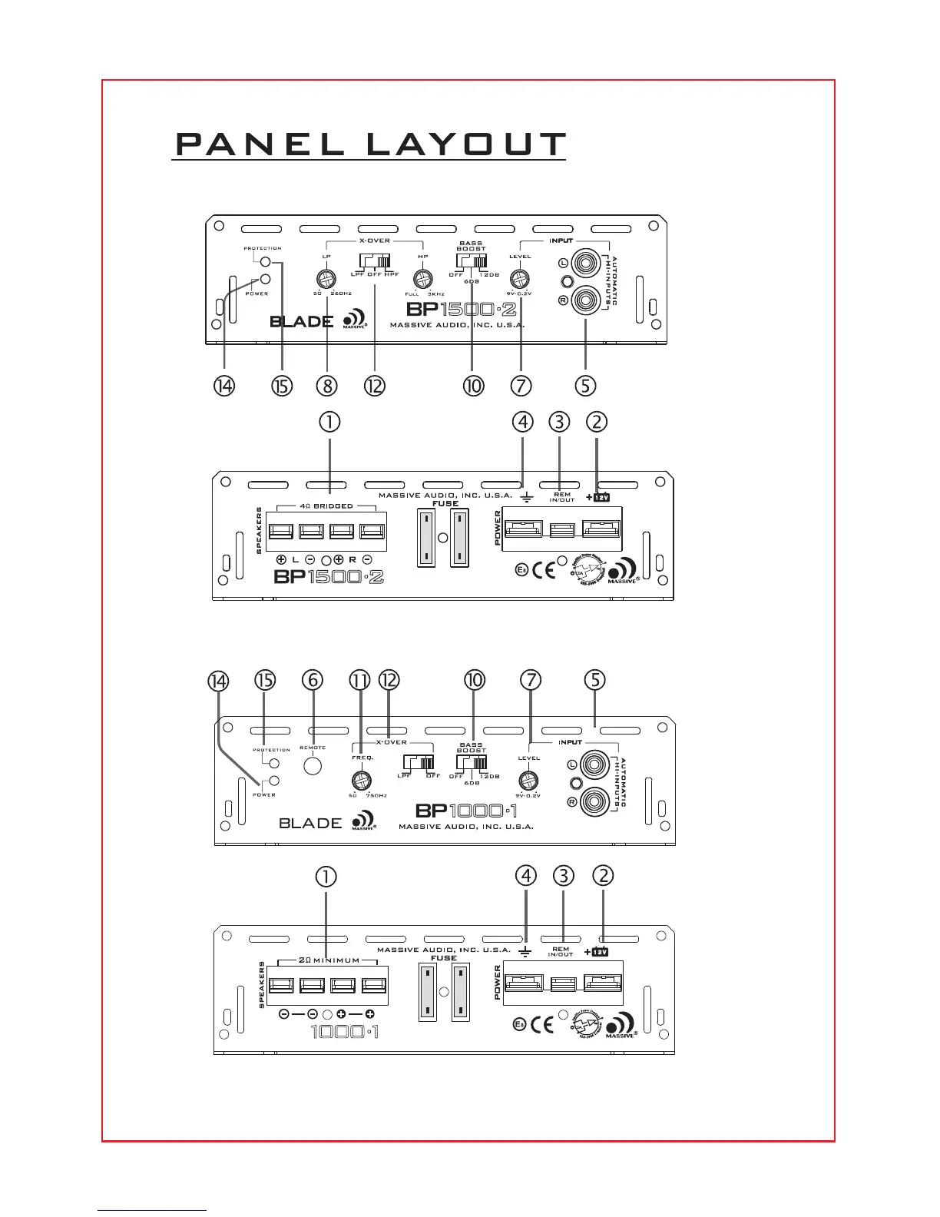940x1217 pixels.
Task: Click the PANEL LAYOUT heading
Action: click(x=370, y=145)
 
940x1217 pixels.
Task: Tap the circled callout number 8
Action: click(x=326, y=385)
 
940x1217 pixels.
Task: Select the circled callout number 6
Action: click(x=312, y=681)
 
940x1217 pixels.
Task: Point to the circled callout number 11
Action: click(x=359, y=681)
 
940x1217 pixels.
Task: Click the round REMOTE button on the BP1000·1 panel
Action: click(x=313, y=766)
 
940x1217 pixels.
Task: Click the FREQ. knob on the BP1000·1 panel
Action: click(x=358, y=781)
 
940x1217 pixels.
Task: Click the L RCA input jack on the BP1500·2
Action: click(x=586, y=264)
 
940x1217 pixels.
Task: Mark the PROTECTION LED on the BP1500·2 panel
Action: click(x=265, y=262)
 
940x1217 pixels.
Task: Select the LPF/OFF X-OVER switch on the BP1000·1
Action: click(x=419, y=763)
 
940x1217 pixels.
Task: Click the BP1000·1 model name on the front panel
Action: click(x=466, y=811)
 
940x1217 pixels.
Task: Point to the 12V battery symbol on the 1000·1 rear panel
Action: click(x=600, y=952)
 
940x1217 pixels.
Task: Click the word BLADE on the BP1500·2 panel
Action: click(x=301, y=322)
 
